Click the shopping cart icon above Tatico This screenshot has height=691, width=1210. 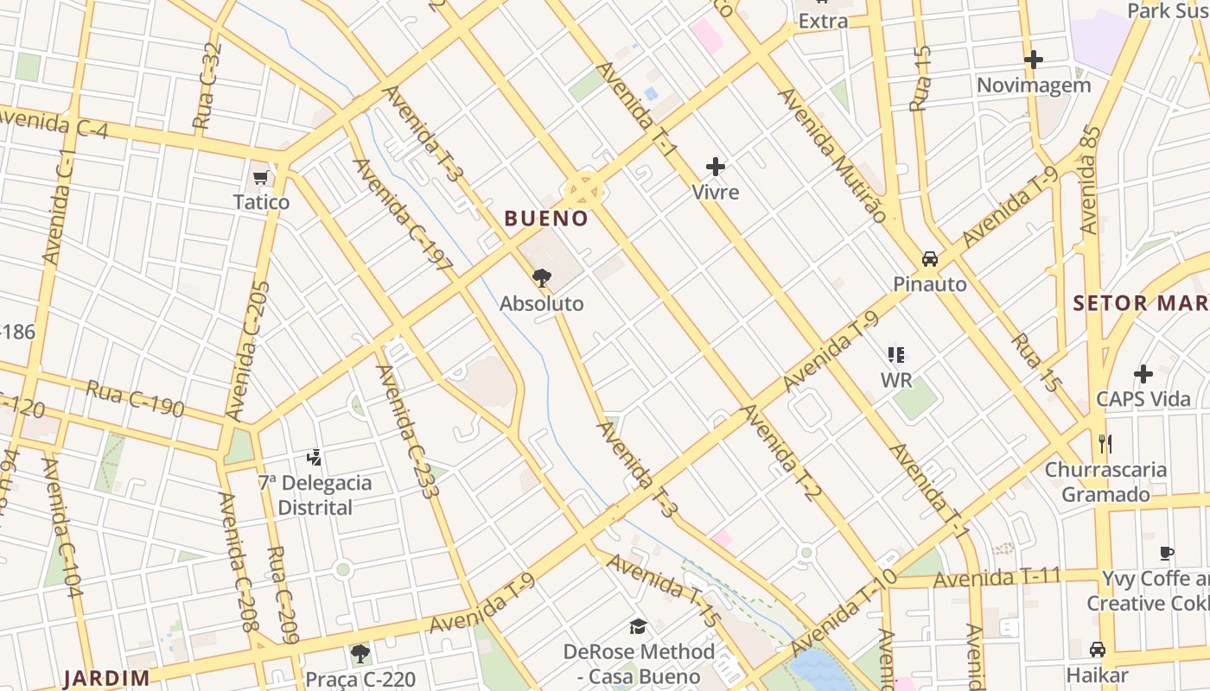(261, 177)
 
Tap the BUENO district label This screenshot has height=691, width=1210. (546, 219)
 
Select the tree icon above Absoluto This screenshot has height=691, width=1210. (542, 277)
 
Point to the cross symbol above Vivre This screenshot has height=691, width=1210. (716, 166)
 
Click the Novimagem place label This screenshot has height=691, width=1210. (1034, 86)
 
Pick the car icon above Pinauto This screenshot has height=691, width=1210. (930, 258)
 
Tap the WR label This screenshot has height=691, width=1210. (896, 380)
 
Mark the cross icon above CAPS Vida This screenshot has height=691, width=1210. (1143, 374)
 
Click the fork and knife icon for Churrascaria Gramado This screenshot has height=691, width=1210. (1105, 444)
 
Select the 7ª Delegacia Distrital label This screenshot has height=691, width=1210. (315, 495)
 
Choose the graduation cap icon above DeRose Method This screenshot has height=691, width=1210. (638, 626)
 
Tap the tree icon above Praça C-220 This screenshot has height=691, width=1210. (360, 654)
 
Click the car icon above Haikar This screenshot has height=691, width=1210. (1097, 649)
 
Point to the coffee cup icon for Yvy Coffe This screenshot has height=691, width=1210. (1167, 553)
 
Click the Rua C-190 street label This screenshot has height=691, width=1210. (135, 398)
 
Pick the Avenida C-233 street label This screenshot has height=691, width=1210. (405, 432)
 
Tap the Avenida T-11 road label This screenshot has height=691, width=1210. (997, 577)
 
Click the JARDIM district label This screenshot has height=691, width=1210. (106, 678)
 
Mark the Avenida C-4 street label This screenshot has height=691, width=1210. (54, 124)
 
